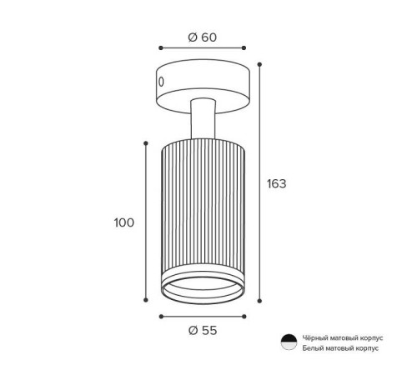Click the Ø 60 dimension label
pyautogui.click(x=202, y=37)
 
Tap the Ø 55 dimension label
pyautogui.click(x=203, y=331)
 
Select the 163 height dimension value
pyautogui.click(x=276, y=184)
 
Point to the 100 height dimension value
pyautogui.click(x=124, y=222)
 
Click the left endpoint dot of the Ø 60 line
pyautogui.click(x=161, y=48)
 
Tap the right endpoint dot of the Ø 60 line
pyautogui.click(x=244, y=48)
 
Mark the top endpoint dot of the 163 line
pyautogui.click(x=259, y=64)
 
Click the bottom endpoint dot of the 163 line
pyautogui.click(x=259, y=301)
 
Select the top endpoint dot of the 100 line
pyautogui.click(x=146, y=143)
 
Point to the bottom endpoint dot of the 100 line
pyautogui.click(x=146, y=300)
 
